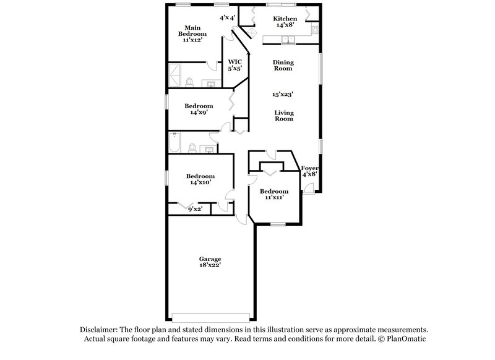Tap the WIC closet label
(x=235, y=62)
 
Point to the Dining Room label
(x=283, y=66)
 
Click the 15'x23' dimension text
(x=283, y=95)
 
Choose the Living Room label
(x=284, y=116)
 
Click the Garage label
(x=210, y=259)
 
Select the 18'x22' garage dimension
(x=210, y=265)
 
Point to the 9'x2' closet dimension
(x=196, y=210)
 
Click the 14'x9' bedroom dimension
(x=199, y=113)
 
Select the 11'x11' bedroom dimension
(x=273, y=199)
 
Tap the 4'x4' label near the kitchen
(x=227, y=18)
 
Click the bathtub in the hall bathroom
(x=174, y=144)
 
